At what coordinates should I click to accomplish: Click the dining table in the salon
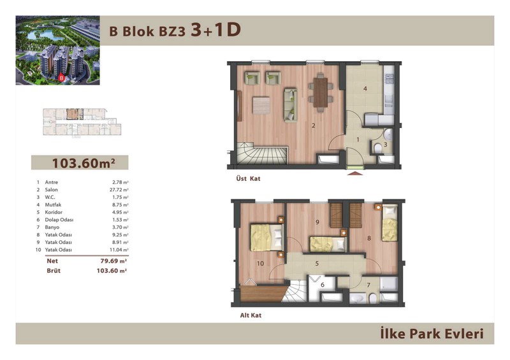click(x=321, y=92)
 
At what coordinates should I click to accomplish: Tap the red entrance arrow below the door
click(x=355, y=174)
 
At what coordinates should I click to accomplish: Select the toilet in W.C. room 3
click(x=378, y=148)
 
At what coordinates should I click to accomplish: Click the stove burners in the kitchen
click(x=390, y=78)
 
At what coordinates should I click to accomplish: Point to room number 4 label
click(x=365, y=89)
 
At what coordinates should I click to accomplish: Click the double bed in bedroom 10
click(x=266, y=238)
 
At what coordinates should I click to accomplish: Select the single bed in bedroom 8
click(x=390, y=223)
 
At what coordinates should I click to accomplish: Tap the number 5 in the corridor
click(x=317, y=264)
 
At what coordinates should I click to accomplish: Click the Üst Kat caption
click(x=248, y=178)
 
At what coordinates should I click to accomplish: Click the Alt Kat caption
click(x=251, y=315)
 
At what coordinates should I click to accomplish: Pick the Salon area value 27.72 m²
click(x=119, y=190)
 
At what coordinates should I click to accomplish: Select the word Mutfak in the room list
click(x=53, y=205)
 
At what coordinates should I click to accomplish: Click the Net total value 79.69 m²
click(x=113, y=261)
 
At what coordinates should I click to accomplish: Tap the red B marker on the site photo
click(x=61, y=77)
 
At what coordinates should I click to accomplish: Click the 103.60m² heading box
click(x=80, y=162)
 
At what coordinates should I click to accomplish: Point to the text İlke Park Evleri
click(x=432, y=334)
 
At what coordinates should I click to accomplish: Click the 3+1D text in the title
click(x=215, y=30)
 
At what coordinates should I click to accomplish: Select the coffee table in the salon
click(x=261, y=105)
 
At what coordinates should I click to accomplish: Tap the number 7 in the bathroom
click(x=368, y=285)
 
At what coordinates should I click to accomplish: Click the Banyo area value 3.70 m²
click(x=120, y=227)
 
